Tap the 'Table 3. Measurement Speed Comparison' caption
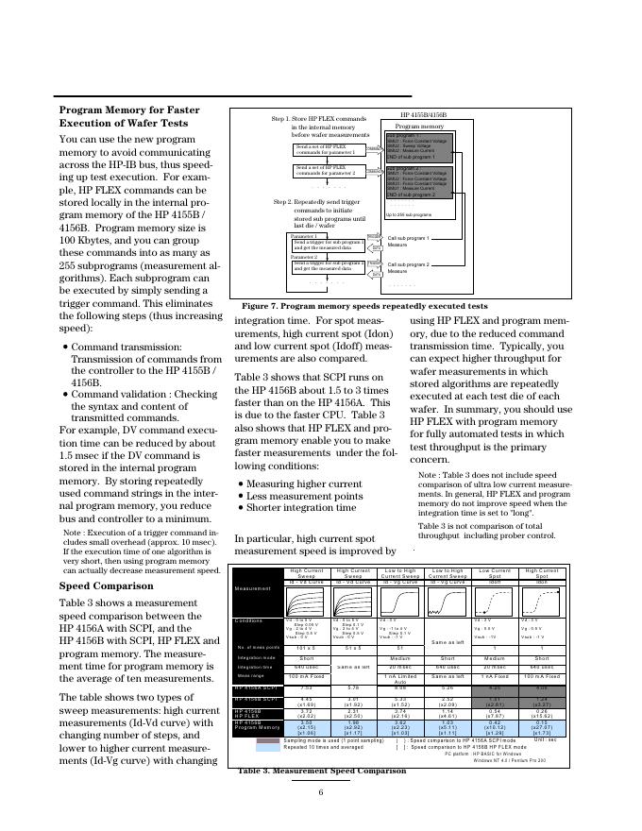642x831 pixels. coord(321,771)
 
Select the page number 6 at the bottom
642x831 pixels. coord(321,791)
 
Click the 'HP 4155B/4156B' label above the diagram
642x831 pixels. coord(423,113)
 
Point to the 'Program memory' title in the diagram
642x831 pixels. coord(419,126)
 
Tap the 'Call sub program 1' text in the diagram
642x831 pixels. coord(408,238)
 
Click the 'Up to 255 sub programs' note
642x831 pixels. coord(408,214)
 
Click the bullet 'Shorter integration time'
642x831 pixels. coord(297,508)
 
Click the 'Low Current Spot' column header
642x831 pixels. coord(495,573)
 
